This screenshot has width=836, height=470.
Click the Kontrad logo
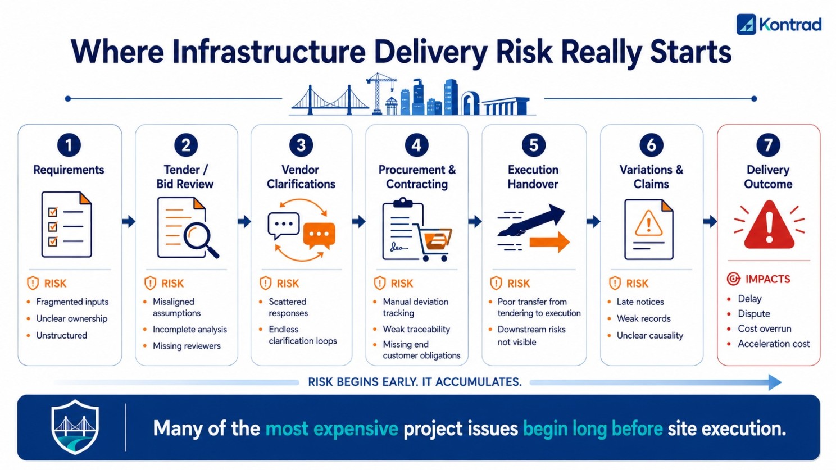tap(779, 24)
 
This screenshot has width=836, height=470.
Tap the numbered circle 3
tap(301, 145)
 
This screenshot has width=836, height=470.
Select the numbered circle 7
tap(768, 145)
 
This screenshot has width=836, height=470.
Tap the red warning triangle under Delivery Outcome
tap(769, 225)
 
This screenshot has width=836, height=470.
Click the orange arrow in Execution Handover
tap(549, 241)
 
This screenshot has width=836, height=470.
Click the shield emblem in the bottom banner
tap(75, 427)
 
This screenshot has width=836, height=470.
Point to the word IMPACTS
tap(767, 279)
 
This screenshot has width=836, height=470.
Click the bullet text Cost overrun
tap(764, 328)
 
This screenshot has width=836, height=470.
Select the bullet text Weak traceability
tap(416, 329)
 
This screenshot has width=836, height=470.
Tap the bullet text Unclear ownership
tap(72, 318)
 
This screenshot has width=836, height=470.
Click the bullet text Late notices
tap(640, 302)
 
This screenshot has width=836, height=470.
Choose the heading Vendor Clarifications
tap(301, 177)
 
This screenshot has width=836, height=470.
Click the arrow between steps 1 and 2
tap(129, 221)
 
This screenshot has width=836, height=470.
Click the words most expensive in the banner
tap(331, 428)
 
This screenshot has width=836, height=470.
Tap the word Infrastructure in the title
tap(269, 52)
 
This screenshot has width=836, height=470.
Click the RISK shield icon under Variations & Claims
tap(615, 284)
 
